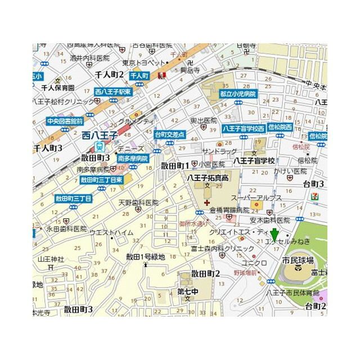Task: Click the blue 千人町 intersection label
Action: click(139, 75)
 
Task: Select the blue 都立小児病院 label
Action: click(238, 94)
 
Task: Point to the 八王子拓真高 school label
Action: click(208, 177)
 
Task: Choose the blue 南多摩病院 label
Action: click(133, 159)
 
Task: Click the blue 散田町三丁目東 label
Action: click(102, 180)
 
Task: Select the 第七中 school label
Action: click(188, 291)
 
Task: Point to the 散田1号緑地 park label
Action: click(145, 256)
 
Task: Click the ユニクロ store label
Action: click(254, 261)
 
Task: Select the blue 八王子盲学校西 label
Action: click(243, 129)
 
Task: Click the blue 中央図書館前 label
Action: click(65, 120)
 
